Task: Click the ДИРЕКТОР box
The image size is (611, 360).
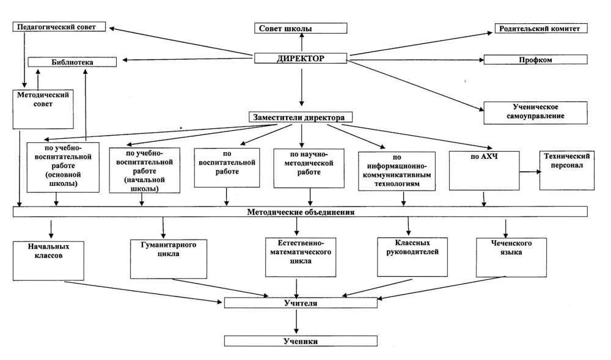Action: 301,59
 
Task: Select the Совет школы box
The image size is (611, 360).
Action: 301,28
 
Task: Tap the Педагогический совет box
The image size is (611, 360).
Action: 59,27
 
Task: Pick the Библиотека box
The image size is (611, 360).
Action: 72,62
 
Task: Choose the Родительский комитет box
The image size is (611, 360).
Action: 541,29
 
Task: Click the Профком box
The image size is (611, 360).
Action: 535,60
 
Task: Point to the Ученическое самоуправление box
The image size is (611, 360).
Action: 535,113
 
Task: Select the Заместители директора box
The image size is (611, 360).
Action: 301,117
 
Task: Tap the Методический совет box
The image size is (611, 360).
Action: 43,109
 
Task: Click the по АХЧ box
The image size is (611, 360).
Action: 484,171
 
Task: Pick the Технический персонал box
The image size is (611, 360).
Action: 566,171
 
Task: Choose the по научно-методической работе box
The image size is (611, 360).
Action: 309,168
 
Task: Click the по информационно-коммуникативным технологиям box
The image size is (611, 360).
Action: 397,171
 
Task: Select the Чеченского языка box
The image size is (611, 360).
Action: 511,257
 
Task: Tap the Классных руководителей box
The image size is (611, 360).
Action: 412,257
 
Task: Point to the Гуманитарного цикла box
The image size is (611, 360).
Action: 169,259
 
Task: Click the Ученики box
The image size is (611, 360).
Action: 301,341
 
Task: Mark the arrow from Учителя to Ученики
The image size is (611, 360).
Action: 296,321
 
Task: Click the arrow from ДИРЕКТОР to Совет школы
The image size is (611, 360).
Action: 302,43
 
